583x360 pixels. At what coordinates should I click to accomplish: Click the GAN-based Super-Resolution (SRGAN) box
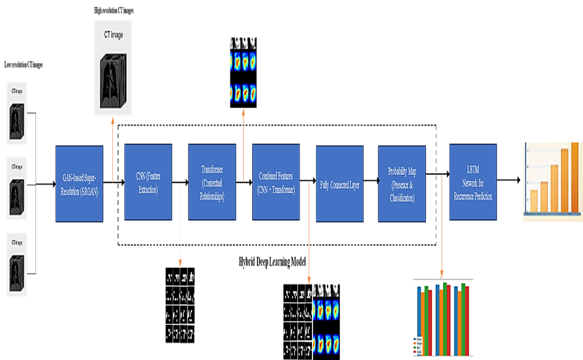point(79,183)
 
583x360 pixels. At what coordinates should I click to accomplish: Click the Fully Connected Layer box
point(339,183)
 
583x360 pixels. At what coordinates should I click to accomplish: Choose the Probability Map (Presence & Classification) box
point(401,183)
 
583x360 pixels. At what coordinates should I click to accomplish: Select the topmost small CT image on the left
point(17,113)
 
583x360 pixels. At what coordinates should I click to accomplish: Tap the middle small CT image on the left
point(17,189)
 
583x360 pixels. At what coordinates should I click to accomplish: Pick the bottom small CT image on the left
point(17,265)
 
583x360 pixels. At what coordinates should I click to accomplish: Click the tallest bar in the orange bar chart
point(575,178)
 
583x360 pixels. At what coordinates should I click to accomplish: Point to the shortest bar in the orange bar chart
point(534,201)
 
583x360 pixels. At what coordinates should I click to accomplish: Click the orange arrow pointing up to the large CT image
point(113,149)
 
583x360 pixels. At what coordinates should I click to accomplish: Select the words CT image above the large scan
point(113,36)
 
